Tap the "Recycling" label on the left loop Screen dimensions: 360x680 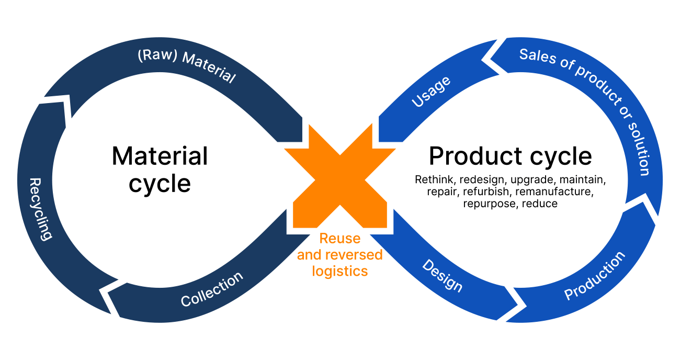coord(41,209)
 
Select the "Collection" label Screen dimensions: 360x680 coord(212,289)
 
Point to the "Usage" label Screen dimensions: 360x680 coord(430,92)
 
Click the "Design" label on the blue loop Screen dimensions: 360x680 coord(443,276)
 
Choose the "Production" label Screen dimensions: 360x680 coord(595,276)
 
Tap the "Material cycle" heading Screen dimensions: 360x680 coord(160,169)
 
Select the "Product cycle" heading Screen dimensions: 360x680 coord(510,156)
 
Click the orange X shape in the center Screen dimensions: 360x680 coord(340,178)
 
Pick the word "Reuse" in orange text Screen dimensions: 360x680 coord(340,239)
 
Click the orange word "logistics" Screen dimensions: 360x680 coord(340,271)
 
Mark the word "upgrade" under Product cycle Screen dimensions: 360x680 coord(528,180)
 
